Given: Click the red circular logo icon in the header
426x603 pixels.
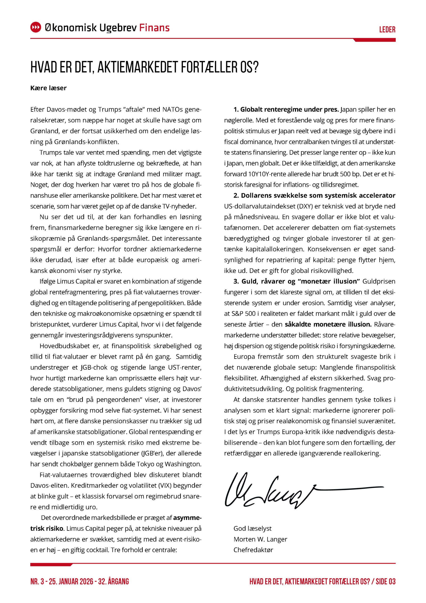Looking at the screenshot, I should (36, 27).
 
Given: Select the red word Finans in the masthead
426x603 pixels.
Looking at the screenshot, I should (154, 28).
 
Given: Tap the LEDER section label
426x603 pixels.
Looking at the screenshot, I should (387, 29).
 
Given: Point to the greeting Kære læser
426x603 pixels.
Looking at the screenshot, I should (48, 88).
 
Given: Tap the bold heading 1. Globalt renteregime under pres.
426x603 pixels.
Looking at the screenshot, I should (286, 110).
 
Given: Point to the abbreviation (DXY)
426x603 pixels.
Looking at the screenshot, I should (305, 206).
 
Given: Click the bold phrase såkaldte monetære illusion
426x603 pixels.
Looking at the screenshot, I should (328, 324).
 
